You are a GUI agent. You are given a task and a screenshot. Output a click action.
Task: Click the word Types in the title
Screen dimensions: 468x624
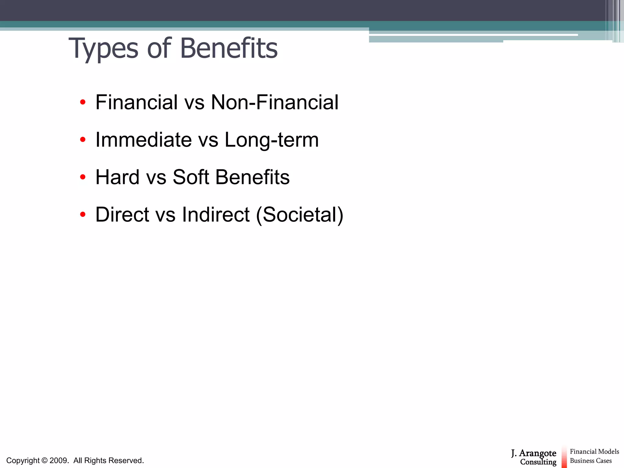tap(103, 49)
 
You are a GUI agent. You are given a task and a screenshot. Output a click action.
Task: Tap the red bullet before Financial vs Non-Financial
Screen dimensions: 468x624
tap(83, 102)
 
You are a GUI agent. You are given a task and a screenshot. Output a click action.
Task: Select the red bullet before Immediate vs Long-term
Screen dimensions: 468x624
tap(83, 140)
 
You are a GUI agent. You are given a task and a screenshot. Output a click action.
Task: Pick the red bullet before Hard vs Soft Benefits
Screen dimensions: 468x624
tap(83, 177)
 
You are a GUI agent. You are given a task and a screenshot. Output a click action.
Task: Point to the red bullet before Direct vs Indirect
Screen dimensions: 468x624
tap(83, 214)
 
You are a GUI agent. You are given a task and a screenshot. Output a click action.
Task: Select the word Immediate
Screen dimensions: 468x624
tap(144, 140)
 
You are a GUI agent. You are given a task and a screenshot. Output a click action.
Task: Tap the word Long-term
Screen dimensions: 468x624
tap(271, 140)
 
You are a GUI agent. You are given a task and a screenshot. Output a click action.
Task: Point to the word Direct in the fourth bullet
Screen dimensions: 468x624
tap(122, 214)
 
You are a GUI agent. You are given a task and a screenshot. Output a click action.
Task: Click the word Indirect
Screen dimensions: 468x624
tap(216, 214)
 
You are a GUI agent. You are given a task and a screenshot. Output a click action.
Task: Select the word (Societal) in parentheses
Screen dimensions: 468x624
tap(300, 214)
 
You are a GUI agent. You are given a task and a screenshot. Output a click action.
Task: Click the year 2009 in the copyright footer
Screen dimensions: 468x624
tap(58, 460)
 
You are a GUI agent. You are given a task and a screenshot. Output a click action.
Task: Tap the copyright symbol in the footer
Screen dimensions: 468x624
tap(44, 460)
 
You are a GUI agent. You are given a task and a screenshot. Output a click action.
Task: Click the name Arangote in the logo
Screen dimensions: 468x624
tap(537, 453)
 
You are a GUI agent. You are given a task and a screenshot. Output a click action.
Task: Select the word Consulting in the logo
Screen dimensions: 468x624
tap(538, 462)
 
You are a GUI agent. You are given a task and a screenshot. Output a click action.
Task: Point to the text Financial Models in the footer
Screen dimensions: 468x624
tap(594, 452)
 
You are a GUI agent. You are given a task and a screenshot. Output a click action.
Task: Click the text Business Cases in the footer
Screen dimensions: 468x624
tap(590, 461)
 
